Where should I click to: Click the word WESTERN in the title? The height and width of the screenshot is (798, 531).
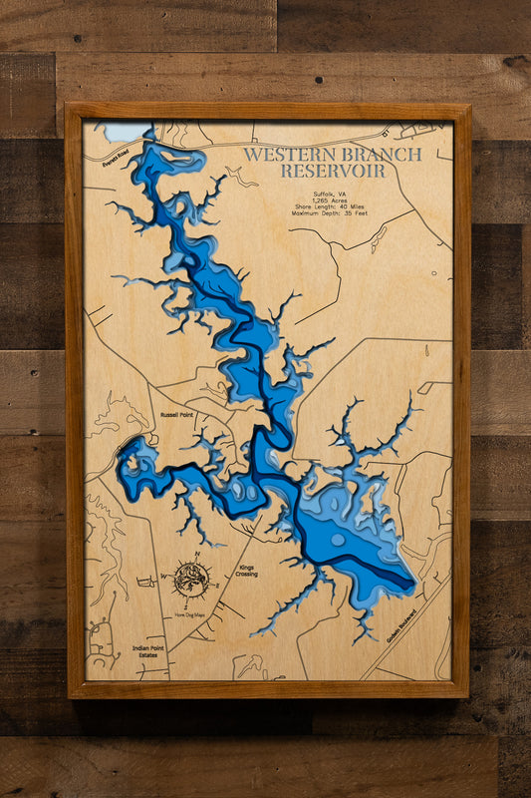(x=290, y=155)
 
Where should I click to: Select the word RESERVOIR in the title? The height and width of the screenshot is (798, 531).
(x=334, y=172)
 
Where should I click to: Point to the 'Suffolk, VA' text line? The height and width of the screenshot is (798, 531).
(x=334, y=192)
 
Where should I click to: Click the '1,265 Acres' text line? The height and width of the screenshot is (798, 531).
(x=334, y=200)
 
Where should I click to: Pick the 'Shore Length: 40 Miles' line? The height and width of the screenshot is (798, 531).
(x=334, y=208)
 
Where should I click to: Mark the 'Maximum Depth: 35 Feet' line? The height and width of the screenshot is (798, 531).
(x=334, y=216)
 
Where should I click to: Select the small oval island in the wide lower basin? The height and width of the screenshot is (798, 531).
(x=338, y=540)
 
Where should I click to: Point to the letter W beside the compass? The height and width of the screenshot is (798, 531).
(x=164, y=577)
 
